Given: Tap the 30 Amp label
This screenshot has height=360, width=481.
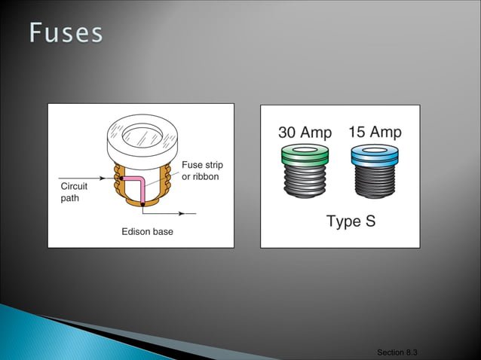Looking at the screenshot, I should click(305, 133).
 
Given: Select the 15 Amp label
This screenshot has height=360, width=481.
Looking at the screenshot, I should click(375, 133).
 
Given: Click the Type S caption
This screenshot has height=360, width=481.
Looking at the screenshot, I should click(351, 221).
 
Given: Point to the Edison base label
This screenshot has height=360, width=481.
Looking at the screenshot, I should click(147, 231).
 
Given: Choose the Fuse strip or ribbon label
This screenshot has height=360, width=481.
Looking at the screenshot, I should click(202, 170).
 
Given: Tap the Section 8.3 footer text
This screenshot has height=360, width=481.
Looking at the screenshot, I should click(397, 352).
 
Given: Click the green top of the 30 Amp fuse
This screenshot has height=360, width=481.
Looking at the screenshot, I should click(305, 156).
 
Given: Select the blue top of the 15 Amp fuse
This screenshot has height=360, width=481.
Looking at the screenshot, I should click(375, 155).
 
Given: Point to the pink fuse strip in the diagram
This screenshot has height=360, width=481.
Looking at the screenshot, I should click(138, 181).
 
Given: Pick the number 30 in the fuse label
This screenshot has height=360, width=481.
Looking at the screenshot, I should click(288, 133).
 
